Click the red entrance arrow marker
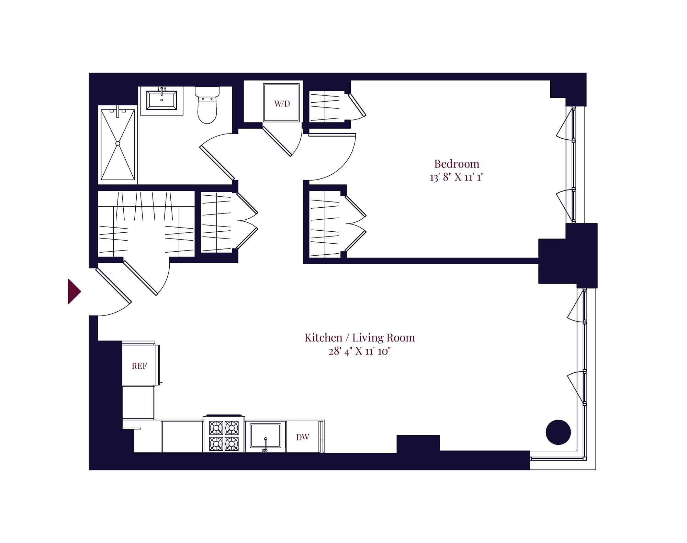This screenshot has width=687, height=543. (74, 291)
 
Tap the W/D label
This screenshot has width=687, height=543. (282, 104)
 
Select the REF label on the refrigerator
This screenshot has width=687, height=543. (139, 366)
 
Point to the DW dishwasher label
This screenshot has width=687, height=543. (303, 437)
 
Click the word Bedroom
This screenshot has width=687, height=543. (457, 164)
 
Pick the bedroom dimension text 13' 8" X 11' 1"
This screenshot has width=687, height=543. (457, 177)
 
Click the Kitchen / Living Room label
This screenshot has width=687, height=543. (360, 338)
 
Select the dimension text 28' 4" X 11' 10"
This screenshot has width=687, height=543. (360, 351)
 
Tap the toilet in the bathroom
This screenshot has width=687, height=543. (207, 105)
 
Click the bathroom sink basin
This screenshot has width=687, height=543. (161, 100)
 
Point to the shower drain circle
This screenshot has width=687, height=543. (117, 143)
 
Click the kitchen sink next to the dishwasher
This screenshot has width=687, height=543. (265, 435)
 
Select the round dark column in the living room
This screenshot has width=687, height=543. (558, 432)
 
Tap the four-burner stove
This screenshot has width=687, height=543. (224, 435)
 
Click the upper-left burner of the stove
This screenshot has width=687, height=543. (216, 428)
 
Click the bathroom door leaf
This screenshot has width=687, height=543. (217, 163)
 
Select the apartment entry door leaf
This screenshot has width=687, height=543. (113, 286)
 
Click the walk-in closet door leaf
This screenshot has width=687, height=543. (140, 278)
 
